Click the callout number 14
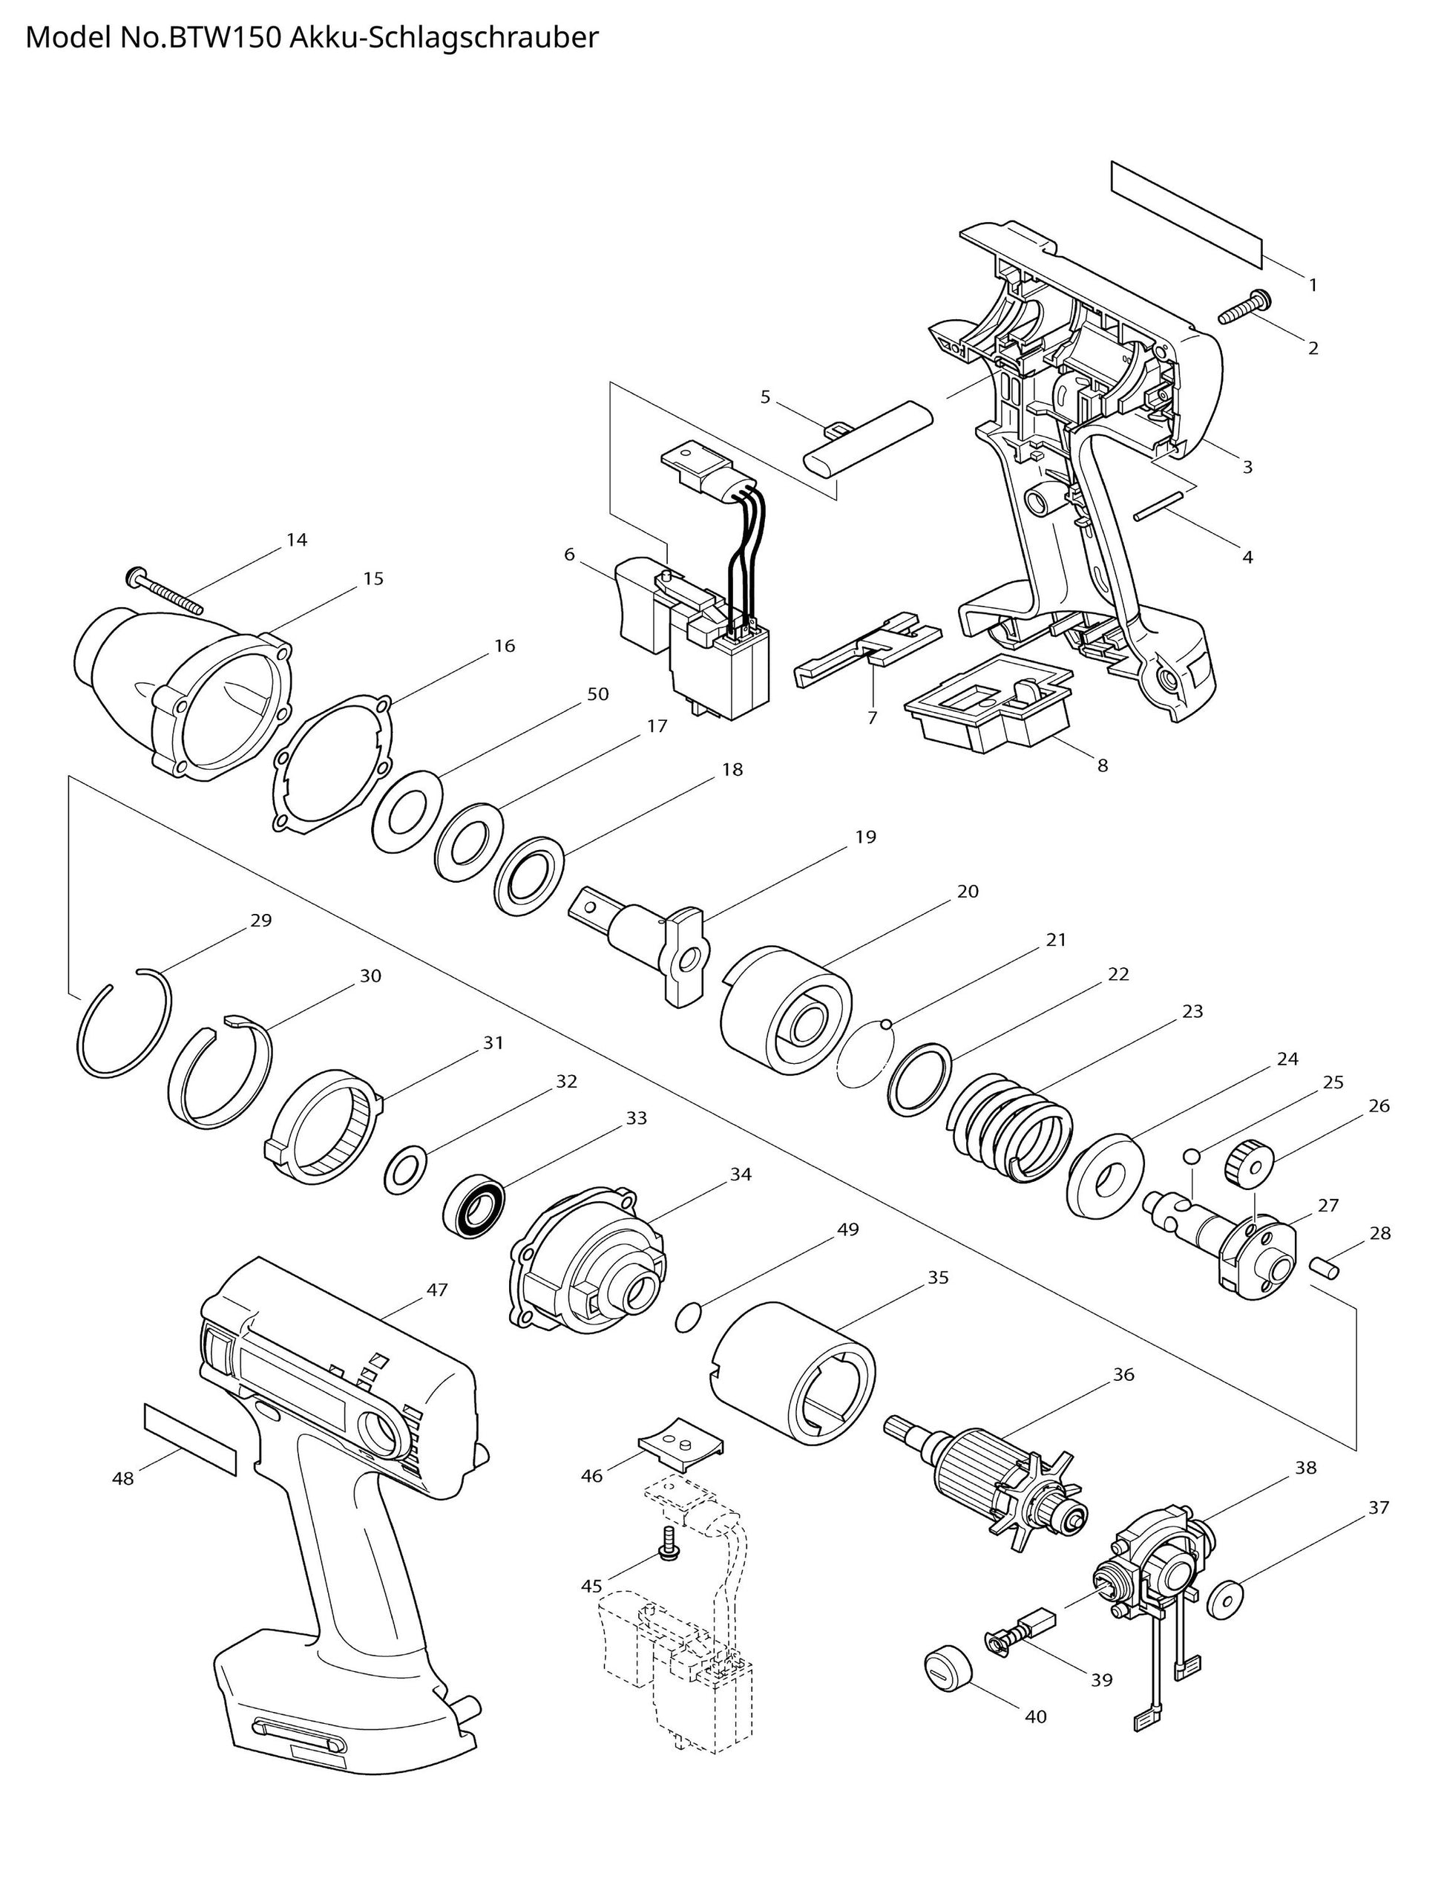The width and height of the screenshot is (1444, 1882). [x=297, y=540]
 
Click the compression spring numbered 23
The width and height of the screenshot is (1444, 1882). [x=1011, y=1125]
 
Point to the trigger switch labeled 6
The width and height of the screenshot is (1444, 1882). [x=688, y=636]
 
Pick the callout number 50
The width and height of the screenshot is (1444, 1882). [x=598, y=694]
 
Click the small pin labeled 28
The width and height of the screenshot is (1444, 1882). [x=1324, y=1267]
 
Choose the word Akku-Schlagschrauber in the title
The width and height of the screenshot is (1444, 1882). [x=444, y=38]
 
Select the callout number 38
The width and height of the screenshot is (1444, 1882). [x=1306, y=1468]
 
